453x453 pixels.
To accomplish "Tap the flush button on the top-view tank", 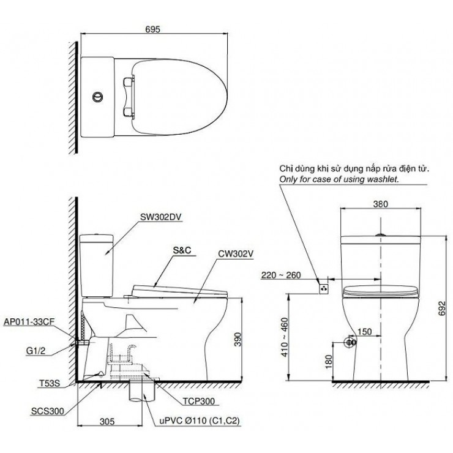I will coord(96,96).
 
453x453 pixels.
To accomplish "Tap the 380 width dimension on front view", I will coord(379,206).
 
